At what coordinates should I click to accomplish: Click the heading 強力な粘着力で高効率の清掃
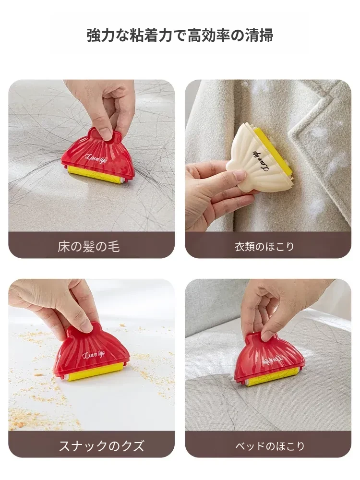(x=180, y=36)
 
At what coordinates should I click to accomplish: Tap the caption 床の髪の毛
(x=88, y=247)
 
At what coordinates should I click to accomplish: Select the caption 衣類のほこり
(x=264, y=247)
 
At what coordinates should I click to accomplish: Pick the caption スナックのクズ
(x=101, y=446)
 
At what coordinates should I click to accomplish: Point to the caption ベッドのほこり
(x=270, y=446)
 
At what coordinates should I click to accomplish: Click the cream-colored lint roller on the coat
(x=259, y=159)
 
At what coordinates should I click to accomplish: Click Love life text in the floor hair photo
(x=94, y=156)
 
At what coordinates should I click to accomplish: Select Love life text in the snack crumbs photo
(x=94, y=355)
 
